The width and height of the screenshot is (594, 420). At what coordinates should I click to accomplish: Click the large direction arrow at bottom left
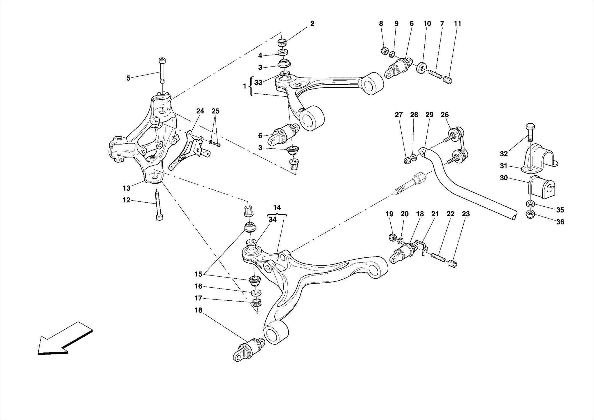pos(64,340)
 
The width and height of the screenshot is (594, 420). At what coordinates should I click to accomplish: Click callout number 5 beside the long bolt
pos(128,78)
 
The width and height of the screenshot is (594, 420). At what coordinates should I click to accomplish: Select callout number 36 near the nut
pos(560,222)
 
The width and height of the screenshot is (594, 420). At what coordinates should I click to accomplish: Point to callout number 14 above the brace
pos(277,208)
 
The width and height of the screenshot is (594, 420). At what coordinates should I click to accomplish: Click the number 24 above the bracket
pos(200,111)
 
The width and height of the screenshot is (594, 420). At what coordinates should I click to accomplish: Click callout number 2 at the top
pos(312,24)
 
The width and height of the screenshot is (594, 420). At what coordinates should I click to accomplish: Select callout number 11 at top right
pos(457,24)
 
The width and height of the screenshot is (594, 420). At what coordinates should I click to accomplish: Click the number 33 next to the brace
pos(258,82)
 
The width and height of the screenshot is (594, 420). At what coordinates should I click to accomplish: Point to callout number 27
pos(399,115)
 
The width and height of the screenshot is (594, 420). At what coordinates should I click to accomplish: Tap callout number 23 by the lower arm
pos(466,214)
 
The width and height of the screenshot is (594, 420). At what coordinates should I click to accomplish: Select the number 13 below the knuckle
pos(126,188)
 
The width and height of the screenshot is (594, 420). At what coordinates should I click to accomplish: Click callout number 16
pos(198,286)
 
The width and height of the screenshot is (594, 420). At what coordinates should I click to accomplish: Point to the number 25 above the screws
pos(215,111)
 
